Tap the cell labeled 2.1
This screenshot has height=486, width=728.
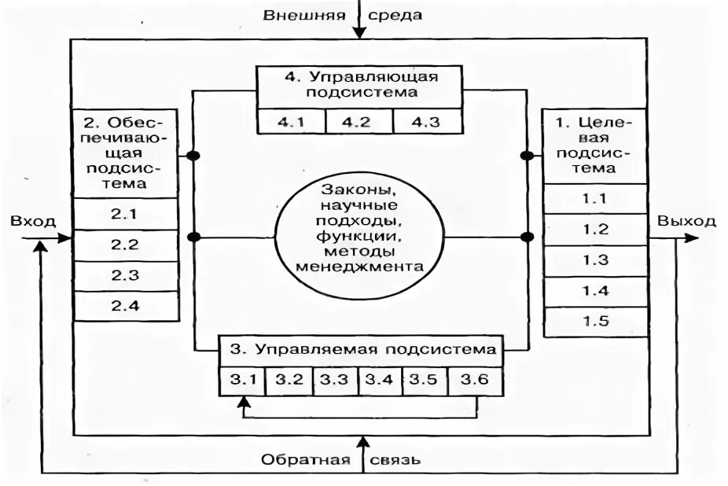(124, 213)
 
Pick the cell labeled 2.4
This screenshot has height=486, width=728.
(124, 305)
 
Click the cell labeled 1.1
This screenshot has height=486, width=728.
(595, 199)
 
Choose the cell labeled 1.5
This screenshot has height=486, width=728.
(595, 321)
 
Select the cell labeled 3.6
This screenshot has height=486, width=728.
(476, 380)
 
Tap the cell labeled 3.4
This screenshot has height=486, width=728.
(380, 380)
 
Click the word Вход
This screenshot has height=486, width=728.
(32, 221)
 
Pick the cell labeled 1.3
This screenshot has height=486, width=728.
(595, 260)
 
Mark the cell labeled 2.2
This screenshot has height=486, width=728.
(124, 244)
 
